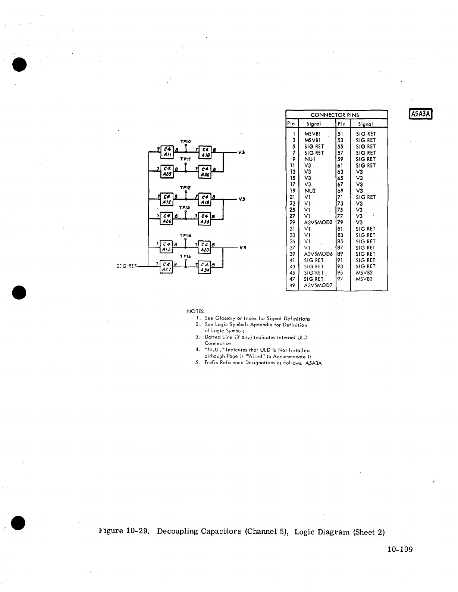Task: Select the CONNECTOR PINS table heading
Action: (x=335, y=115)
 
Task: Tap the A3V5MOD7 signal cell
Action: (x=318, y=286)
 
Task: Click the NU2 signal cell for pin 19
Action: (x=310, y=191)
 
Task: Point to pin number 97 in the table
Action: (x=340, y=279)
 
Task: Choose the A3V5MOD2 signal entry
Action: (x=318, y=222)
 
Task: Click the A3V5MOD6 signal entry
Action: (x=318, y=254)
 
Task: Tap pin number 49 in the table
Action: (x=292, y=286)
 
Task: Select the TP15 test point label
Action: (x=185, y=257)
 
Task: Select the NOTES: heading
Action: (x=196, y=311)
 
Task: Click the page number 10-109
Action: (x=400, y=549)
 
